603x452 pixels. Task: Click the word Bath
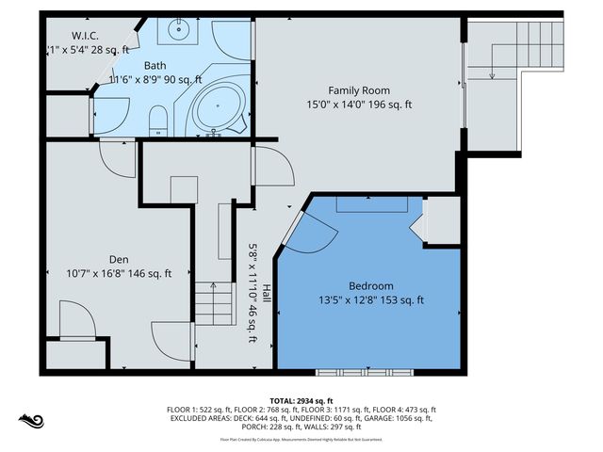tap(156, 66)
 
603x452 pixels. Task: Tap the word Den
tap(118, 259)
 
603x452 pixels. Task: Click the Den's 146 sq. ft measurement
tap(149, 274)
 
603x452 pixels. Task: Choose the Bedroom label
tap(371, 285)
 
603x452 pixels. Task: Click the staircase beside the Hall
tap(214, 303)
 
